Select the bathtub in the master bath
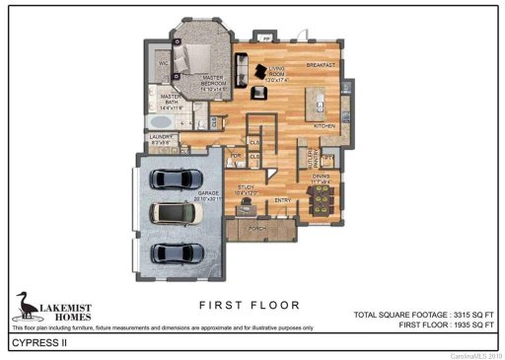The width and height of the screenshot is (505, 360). pos(161,121)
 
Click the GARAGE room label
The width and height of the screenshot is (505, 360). pos(207,194)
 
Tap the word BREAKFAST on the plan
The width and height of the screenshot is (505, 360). pos(322,65)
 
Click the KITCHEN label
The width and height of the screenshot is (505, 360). pos(326,126)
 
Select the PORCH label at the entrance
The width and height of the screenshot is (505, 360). pos(257,228)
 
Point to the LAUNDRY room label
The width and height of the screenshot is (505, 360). pos(162,138)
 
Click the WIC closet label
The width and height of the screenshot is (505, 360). pos(165,62)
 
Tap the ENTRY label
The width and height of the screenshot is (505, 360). pos(282,200)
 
